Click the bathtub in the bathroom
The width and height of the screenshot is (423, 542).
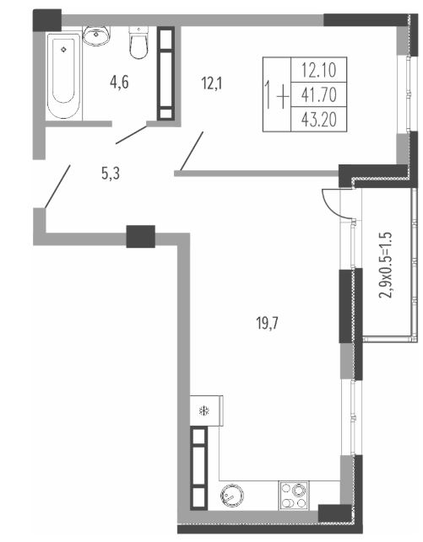pyautogui.click(x=63, y=76)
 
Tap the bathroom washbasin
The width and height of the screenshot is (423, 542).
pyautogui.click(x=96, y=35)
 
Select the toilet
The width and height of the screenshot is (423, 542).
pyautogui.click(x=138, y=42)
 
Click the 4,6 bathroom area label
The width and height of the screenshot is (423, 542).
pyautogui.click(x=119, y=83)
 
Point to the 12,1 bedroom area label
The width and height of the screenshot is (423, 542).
pyautogui.click(x=211, y=83)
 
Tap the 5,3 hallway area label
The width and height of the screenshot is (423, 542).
pyautogui.click(x=111, y=174)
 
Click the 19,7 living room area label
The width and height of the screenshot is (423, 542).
pyautogui.click(x=268, y=324)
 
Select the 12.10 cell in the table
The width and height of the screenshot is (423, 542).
pyautogui.click(x=319, y=70)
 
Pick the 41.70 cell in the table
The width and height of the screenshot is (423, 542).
pyautogui.click(x=319, y=94)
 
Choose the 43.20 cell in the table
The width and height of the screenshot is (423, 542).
pyautogui.click(x=319, y=120)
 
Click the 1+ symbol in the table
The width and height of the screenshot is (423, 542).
pyautogui.click(x=277, y=94)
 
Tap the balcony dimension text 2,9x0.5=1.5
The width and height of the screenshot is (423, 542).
pyautogui.click(x=387, y=265)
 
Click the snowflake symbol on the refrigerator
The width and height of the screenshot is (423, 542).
pyautogui.click(x=204, y=411)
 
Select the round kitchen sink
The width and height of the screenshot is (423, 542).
pyautogui.click(x=231, y=496)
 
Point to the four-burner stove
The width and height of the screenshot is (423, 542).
pyautogui.click(x=294, y=496)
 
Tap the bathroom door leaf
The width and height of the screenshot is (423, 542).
pyautogui.click(x=131, y=135)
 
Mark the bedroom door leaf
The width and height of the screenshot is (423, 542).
pyautogui.click(x=192, y=151)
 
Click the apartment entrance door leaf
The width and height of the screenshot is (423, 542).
pyautogui.click(x=57, y=186)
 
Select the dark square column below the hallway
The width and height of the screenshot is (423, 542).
pyautogui.click(x=140, y=236)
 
